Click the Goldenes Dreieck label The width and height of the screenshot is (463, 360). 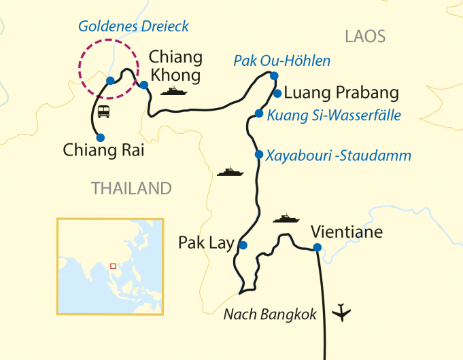click(x=133, y=26)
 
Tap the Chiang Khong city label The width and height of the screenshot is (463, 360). click(x=175, y=65)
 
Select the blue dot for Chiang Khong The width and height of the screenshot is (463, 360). click(x=144, y=85)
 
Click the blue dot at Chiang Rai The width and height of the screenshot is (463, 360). click(x=101, y=137)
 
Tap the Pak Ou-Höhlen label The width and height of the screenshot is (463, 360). click(x=281, y=60)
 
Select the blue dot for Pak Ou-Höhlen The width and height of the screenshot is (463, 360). click(x=274, y=75)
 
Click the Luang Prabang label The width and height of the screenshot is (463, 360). click(x=341, y=92)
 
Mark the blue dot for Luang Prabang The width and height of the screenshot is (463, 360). click(x=277, y=93)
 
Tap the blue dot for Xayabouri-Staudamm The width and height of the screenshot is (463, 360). click(x=258, y=154)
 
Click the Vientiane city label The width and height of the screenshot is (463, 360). click(x=347, y=232)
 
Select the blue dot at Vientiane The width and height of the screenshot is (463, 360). click(x=316, y=247)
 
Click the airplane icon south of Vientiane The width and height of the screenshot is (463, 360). click(x=344, y=313)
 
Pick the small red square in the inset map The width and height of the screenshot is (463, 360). click(x=113, y=266)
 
